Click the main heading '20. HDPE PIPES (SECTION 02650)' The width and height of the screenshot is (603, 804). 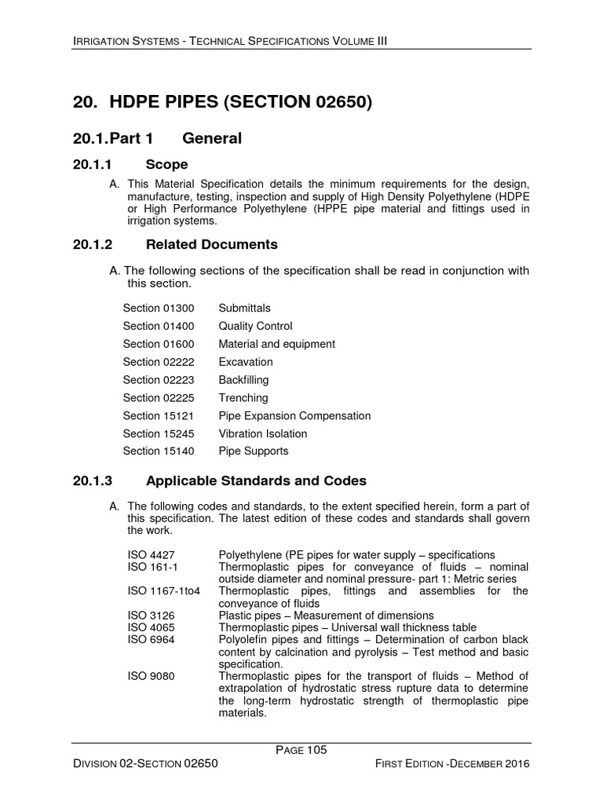click(x=222, y=102)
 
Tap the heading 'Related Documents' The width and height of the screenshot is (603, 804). click(x=212, y=244)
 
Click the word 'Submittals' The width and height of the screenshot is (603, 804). click(x=244, y=308)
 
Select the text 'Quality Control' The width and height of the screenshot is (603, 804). click(x=255, y=326)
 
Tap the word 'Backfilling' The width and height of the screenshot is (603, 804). click(x=243, y=380)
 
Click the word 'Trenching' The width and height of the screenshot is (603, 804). click(x=243, y=398)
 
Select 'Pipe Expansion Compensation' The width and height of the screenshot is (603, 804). click(x=294, y=416)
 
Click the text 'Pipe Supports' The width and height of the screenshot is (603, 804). click(x=253, y=451)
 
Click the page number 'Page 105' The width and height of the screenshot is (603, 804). click(x=301, y=750)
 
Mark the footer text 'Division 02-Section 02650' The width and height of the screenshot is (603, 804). click(x=144, y=763)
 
